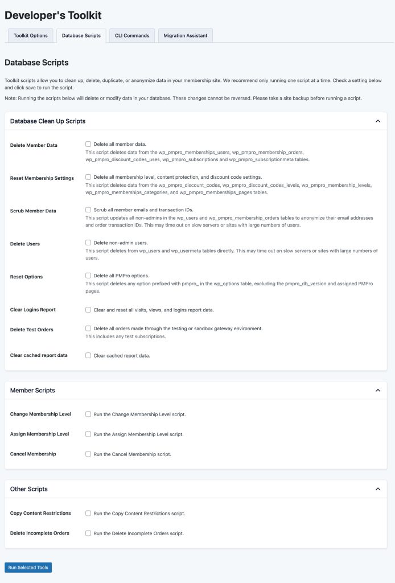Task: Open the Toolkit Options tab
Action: (x=31, y=35)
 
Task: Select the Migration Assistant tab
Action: (x=186, y=35)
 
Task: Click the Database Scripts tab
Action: (x=81, y=35)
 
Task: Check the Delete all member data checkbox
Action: (x=88, y=145)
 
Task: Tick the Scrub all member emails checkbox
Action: (x=88, y=210)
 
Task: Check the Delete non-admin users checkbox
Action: (x=88, y=243)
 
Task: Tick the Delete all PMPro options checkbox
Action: (x=88, y=276)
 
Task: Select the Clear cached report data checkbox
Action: (x=88, y=355)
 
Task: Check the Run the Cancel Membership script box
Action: (x=88, y=454)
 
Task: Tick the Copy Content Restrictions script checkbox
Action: (x=88, y=513)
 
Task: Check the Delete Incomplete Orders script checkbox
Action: (x=88, y=533)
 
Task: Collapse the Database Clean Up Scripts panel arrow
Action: (x=377, y=121)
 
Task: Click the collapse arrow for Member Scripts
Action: (x=377, y=391)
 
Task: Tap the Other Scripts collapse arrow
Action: (x=377, y=489)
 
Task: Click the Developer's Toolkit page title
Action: (x=53, y=15)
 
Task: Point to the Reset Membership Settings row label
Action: (x=42, y=178)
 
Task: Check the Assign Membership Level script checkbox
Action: (x=88, y=434)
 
